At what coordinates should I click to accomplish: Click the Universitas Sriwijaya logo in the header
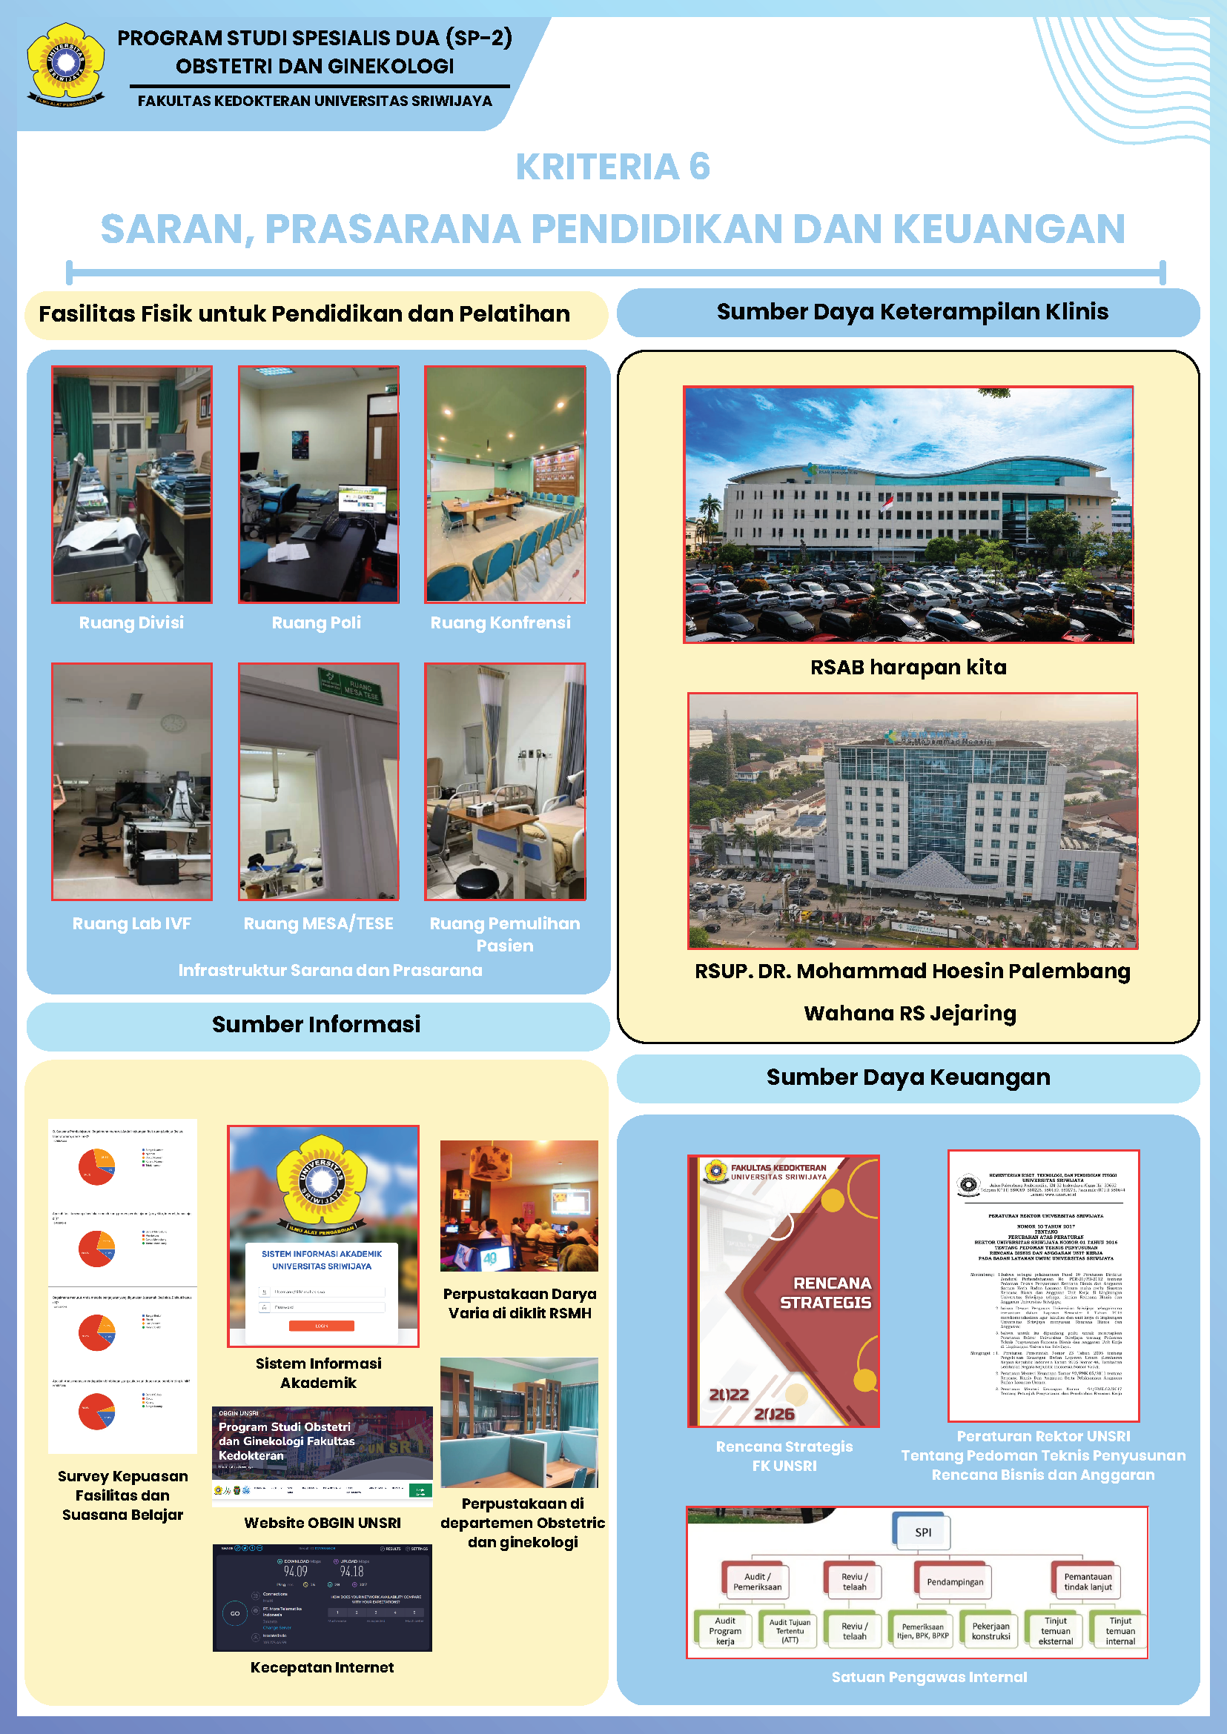point(66,64)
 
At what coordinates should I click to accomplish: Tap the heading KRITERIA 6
point(612,167)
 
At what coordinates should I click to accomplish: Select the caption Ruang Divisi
point(131,623)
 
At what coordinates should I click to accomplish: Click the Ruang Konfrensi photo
point(505,484)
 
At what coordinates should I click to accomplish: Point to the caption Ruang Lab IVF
point(131,923)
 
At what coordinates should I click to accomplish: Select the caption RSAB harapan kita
point(908,668)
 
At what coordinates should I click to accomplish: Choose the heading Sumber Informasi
point(317,1025)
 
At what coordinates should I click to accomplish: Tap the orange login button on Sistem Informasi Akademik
point(322,1326)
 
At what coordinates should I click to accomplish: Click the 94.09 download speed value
point(295,1572)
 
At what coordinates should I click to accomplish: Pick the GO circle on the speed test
point(235,1614)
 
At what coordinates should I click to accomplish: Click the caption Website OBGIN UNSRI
point(322,1524)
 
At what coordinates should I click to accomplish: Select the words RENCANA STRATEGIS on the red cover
point(825,1293)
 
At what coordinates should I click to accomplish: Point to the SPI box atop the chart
point(922,1532)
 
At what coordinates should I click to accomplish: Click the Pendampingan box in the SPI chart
point(955,1582)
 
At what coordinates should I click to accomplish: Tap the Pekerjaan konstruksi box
point(990,1631)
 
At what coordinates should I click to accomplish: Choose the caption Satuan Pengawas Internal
point(929,1678)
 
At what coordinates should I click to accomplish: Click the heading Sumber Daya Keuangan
point(908,1077)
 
